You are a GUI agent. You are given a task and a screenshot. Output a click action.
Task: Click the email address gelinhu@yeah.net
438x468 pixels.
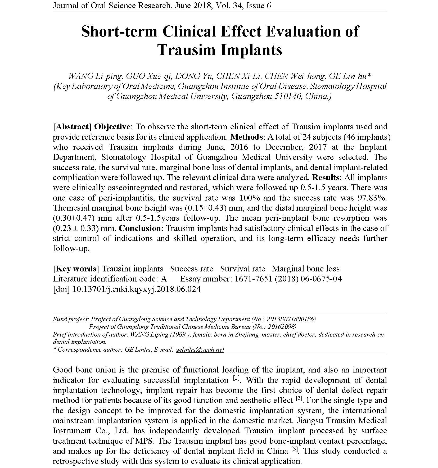200,349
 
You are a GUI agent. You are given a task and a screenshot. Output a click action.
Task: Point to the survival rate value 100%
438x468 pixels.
249,198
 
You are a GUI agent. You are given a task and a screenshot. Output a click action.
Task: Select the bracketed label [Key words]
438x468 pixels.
76,269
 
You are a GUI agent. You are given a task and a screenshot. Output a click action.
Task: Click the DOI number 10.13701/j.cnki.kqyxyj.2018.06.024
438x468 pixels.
136,289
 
